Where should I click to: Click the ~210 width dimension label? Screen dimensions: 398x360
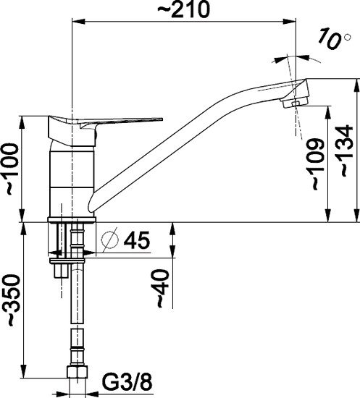185,9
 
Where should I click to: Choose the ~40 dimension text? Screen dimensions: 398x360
164,289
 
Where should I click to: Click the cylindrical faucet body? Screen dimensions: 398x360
72,177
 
